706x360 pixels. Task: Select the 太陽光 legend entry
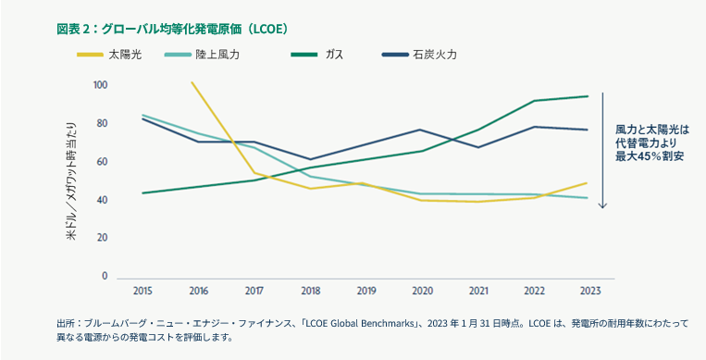point(124,55)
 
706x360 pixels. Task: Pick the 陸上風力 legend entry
point(217,55)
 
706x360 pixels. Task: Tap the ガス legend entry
point(334,55)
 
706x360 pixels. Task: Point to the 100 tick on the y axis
point(101,85)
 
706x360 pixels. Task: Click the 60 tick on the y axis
point(103,162)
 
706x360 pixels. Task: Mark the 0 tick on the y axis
point(105,276)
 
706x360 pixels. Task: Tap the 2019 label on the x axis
point(367,290)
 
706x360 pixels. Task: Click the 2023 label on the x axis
point(588,290)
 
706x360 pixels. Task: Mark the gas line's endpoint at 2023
point(588,96)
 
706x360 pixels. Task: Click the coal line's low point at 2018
point(310,159)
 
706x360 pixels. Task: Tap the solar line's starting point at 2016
point(191,82)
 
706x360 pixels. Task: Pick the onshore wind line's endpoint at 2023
point(588,198)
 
